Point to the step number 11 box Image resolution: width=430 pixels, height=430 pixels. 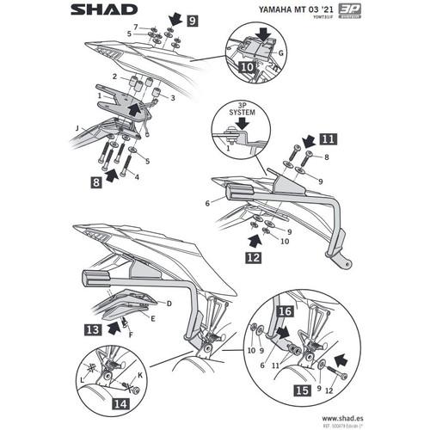pyautogui.click(x=328, y=138)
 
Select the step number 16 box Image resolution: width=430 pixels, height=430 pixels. pyautogui.click(x=285, y=309)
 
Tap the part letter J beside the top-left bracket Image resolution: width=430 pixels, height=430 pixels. pyautogui.click(x=77, y=128)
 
